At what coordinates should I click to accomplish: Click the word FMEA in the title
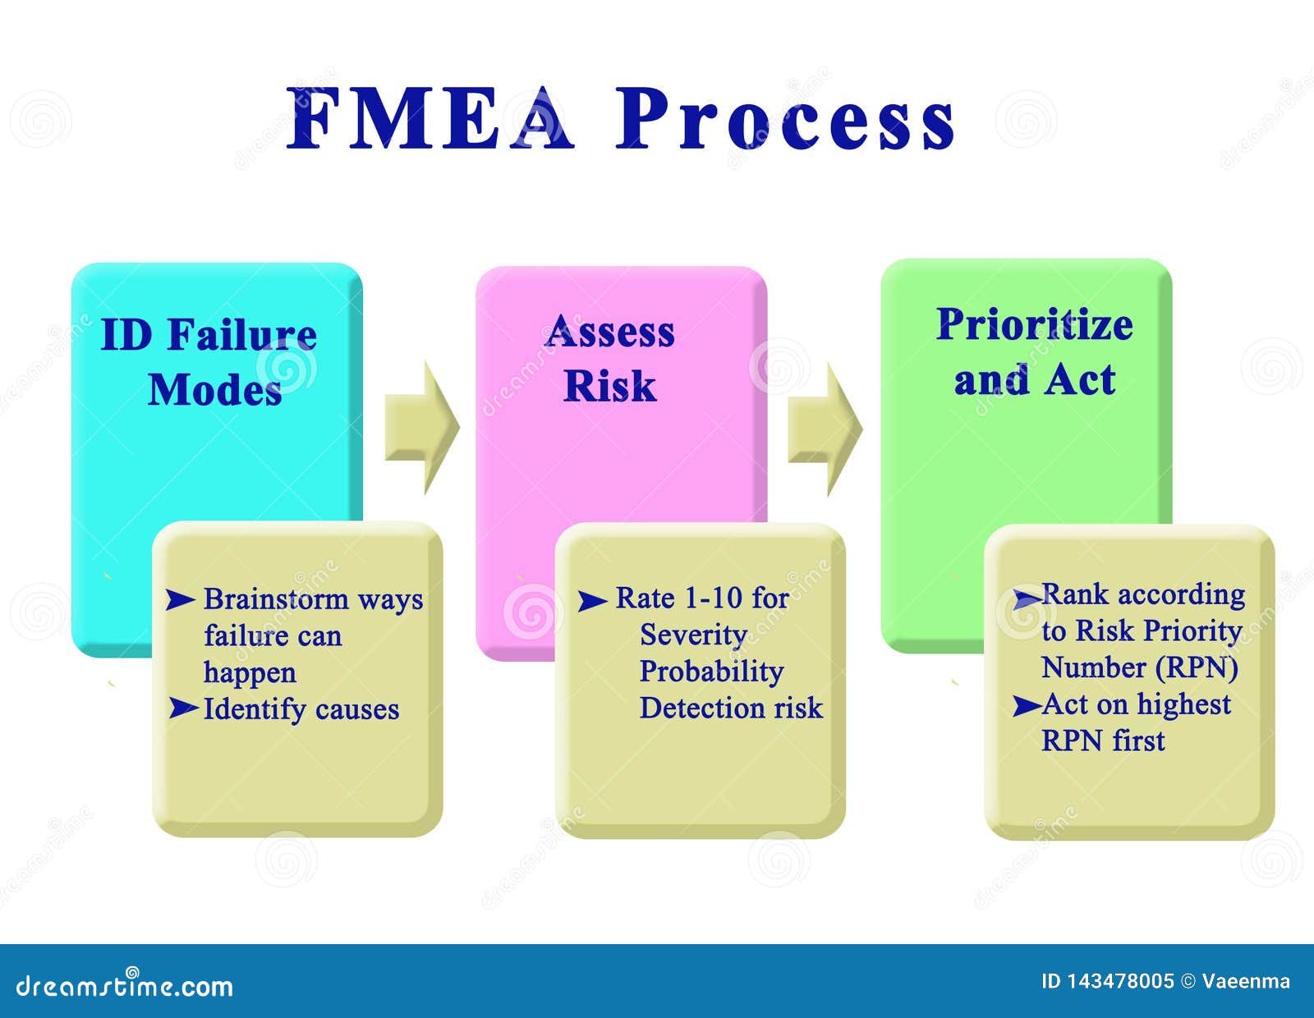click(x=430, y=120)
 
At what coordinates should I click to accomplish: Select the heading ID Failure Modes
click(x=210, y=361)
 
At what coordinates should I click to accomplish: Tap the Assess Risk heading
click(x=609, y=358)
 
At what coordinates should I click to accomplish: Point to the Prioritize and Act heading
click(x=1034, y=351)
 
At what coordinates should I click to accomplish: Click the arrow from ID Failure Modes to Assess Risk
click(x=422, y=427)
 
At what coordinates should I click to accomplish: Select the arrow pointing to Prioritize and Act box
click(x=825, y=429)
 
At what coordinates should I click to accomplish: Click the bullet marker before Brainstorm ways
click(x=180, y=600)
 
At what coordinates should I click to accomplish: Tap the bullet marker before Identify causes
click(x=183, y=708)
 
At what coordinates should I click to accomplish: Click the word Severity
click(x=693, y=635)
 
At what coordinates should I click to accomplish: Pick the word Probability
click(x=711, y=672)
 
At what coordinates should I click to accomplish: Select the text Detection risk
click(x=731, y=708)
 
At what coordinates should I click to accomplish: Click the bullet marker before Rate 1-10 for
click(x=592, y=601)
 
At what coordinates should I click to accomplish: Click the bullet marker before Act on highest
click(x=1027, y=705)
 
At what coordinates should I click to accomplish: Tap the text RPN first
click(x=1103, y=741)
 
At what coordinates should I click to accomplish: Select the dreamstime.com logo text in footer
click(x=125, y=986)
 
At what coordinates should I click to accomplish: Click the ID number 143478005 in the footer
click(x=1120, y=981)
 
